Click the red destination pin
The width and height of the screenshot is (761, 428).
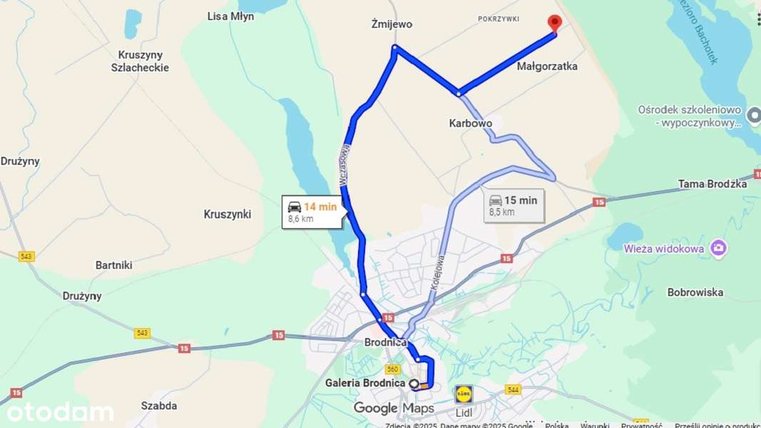click(x=554, y=23)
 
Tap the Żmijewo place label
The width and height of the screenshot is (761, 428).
click(x=392, y=24)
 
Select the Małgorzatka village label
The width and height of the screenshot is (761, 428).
click(x=547, y=66)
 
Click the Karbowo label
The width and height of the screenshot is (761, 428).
click(x=470, y=123)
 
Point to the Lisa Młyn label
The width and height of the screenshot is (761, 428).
click(x=230, y=16)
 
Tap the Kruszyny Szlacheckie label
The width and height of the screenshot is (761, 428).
click(x=140, y=61)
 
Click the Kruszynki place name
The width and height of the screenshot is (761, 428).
click(x=228, y=214)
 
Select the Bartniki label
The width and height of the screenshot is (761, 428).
click(x=114, y=265)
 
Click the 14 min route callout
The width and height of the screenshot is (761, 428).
click(x=312, y=212)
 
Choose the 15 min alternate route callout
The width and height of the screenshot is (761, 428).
click(x=514, y=205)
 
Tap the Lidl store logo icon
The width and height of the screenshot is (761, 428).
click(x=464, y=394)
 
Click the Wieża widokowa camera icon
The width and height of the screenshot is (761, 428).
click(x=719, y=248)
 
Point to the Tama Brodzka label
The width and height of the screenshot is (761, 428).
click(x=713, y=184)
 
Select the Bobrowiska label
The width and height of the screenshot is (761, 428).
click(x=695, y=292)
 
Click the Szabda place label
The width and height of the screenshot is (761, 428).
click(x=159, y=406)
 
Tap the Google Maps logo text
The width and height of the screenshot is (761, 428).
click(x=394, y=408)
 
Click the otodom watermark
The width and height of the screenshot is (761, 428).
click(x=61, y=412)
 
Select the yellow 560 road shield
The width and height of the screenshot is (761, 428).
click(x=392, y=369)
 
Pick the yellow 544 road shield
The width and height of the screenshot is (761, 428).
click(x=513, y=389)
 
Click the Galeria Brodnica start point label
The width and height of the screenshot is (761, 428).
click(x=365, y=383)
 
